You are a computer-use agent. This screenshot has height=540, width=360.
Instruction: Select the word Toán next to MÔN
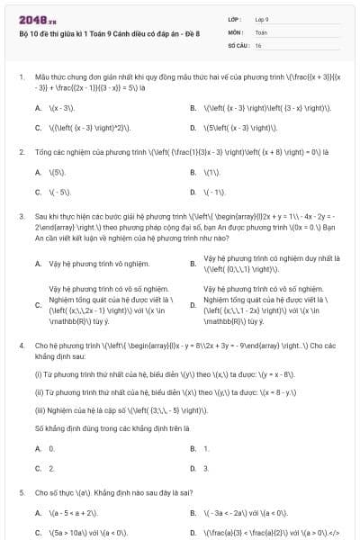(x=261, y=31)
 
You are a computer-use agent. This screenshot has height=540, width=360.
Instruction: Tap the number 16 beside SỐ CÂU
(x=258, y=44)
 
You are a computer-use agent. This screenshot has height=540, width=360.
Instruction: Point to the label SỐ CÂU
(x=238, y=44)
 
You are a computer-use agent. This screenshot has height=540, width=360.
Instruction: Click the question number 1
(x=20, y=78)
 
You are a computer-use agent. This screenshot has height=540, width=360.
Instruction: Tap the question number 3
(x=20, y=217)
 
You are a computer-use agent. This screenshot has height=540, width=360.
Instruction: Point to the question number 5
(x=20, y=493)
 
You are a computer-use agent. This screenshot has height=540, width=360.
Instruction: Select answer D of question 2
(x=211, y=193)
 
